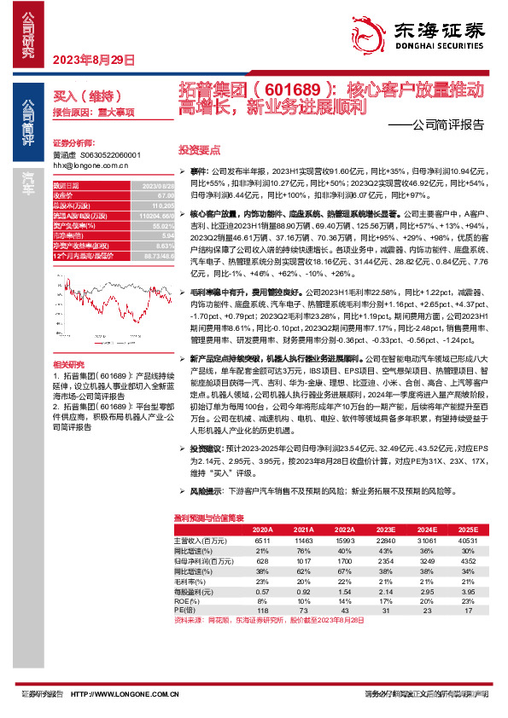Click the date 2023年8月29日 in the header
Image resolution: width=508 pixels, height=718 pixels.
click(x=95, y=61)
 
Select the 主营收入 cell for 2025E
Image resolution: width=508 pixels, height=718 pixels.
click(x=466, y=540)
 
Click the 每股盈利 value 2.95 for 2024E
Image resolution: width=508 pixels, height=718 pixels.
click(x=426, y=592)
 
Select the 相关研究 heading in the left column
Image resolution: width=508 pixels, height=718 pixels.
click(x=67, y=364)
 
